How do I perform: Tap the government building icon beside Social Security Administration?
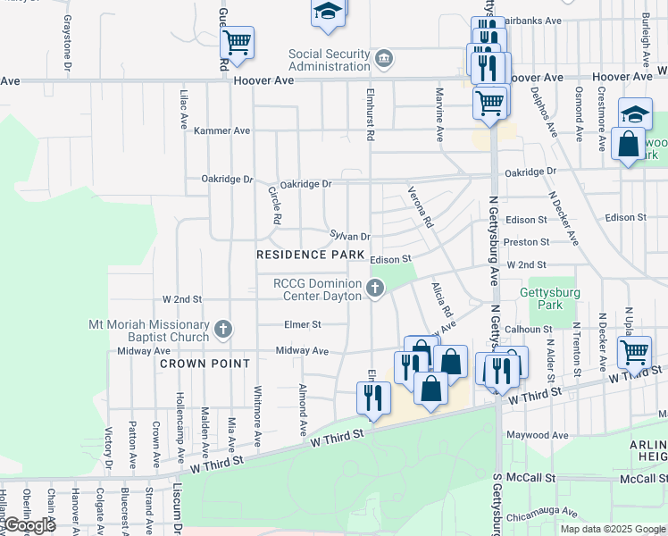(x=384, y=60)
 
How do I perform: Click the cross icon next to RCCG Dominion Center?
(x=376, y=289)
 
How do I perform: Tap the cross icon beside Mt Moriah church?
(x=223, y=330)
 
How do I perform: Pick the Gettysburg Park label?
(x=550, y=298)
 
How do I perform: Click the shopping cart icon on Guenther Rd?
(x=238, y=41)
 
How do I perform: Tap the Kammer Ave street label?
(x=222, y=130)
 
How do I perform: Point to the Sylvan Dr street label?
(x=350, y=236)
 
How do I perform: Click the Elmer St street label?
(x=303, y=324)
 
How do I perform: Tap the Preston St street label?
(x=526, y=242)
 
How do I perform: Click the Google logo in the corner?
(x=29, y=525)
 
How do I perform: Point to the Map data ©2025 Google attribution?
(x=612, y=529)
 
